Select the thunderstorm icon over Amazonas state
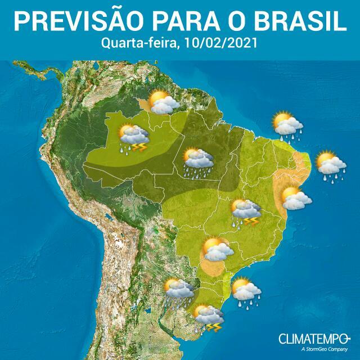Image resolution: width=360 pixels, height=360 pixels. (x=133, y=138)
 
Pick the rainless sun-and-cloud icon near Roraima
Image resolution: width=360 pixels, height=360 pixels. (x=164, y=102)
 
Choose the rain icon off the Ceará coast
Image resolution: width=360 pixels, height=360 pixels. (x=287, y=124)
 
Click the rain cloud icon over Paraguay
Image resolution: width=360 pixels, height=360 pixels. (x=179, y=291)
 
